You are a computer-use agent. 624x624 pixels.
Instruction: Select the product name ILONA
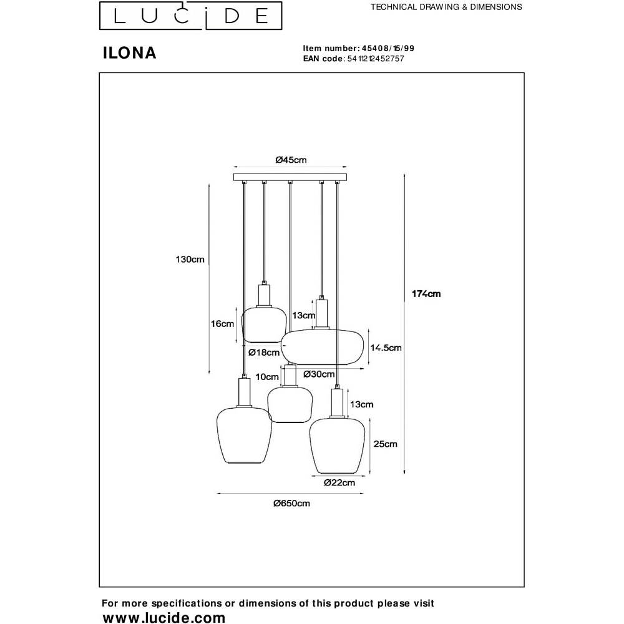pyautogui.click(x=129, y=54)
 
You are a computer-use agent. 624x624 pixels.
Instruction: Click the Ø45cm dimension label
pyautogui.click(x=291, y=160)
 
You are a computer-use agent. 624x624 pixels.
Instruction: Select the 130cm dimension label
pyautogui.click(x=190, y=260)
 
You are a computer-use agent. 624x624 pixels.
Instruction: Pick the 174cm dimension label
pyautogui.click(x=426, y=294)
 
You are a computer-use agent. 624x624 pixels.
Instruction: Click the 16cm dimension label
pyautogui.click(x=222, y=324)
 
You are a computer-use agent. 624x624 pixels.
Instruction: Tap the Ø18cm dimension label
pyautogui.click(x=264, y=353)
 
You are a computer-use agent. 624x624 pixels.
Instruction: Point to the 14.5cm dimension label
pyautogui.click(x=386, y=348)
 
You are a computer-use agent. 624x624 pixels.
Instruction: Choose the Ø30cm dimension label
pyautogui.click(x=318, y=374)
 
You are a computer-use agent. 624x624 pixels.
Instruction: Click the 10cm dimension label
pyautogui.click(x=266, y=376)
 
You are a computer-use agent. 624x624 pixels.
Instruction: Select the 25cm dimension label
pyautogui.click(x=386, y=444)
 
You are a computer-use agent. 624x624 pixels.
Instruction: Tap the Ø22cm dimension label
pyautogui.click(x=339, y=482)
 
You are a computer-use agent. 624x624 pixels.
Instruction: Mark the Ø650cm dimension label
pyautogui.click(x=291, y=504)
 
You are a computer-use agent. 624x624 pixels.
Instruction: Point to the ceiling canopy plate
pyautogui.click(x=289, y=177)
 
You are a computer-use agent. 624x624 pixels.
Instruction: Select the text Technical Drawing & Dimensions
pyautogui.click(x=446, y=7)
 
